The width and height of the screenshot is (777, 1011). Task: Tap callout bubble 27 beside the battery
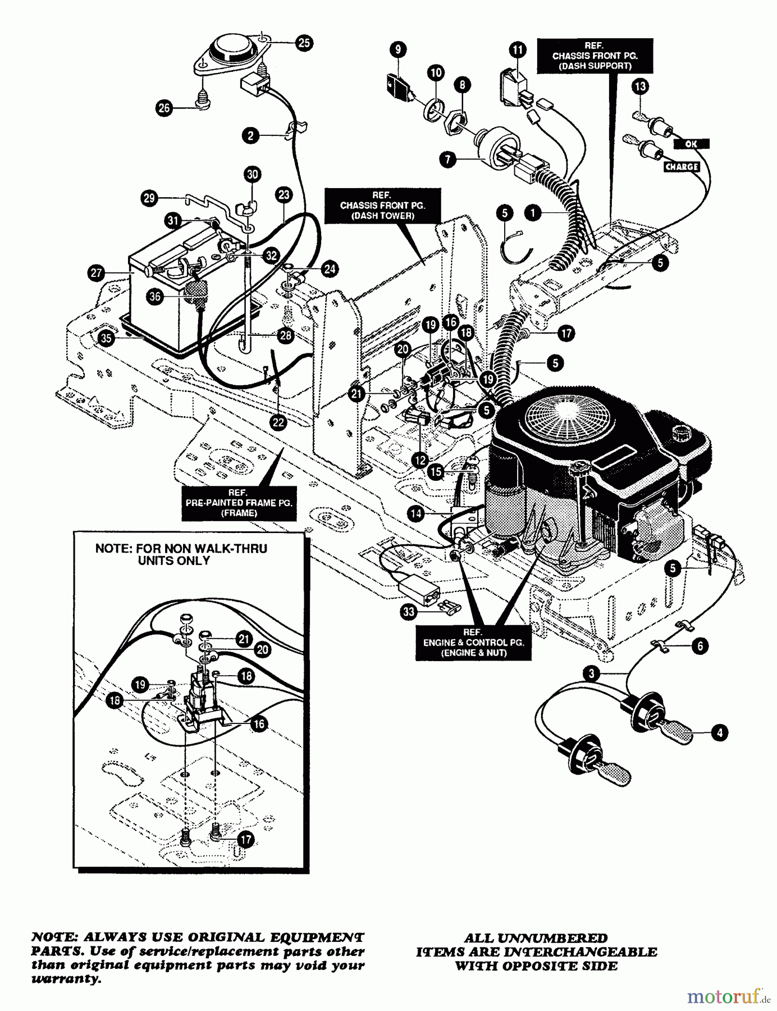[x=96, y=274]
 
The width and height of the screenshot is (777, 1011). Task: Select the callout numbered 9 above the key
[x=397, y=49]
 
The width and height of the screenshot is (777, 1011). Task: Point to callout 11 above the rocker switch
[x=518, y=50]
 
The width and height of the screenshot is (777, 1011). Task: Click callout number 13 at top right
[x=640, y=86]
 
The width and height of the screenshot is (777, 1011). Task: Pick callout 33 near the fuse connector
[x=409, y=611]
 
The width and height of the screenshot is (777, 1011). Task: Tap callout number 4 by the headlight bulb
[x=719, y=732]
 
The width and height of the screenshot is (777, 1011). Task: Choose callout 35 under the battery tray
[x=106, y=338]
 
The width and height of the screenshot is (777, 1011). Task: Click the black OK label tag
[x=691, y=144]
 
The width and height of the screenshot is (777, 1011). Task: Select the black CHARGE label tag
[x=682, y=167]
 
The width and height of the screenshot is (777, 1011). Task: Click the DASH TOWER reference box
[x=382, y=205]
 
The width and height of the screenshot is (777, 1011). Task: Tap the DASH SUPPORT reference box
[x=595, y=55]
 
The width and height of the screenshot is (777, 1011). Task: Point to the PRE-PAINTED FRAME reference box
[x=239, y=502]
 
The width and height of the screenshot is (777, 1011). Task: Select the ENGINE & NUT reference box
[x=473, y=642]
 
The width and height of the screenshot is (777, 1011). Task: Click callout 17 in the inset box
[x=245, y=840]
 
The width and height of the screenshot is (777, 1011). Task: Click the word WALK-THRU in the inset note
[x=236, y=548]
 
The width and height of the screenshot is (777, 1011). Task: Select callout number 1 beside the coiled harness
[x=532, y=212]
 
